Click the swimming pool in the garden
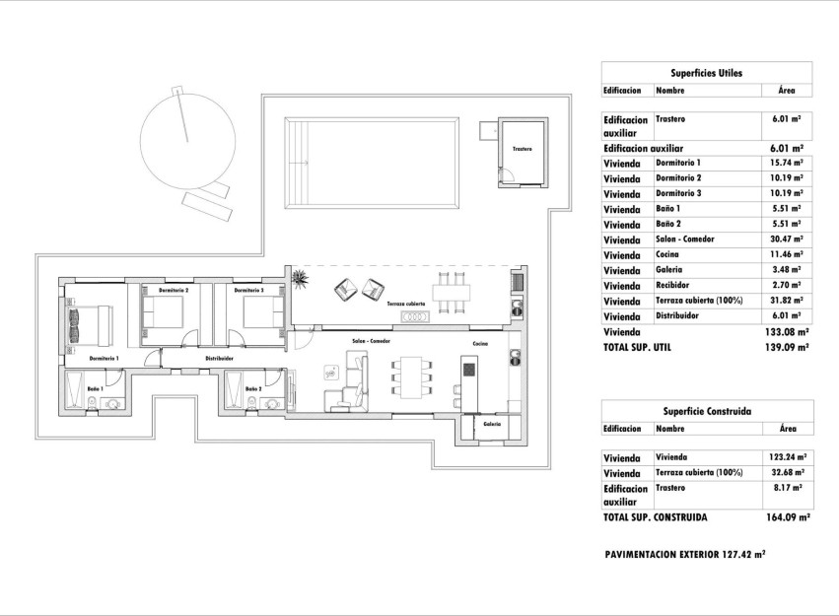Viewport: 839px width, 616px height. pos(372,163)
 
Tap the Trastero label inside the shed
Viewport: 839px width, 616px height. pos(522,149)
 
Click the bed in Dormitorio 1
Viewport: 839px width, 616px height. pos(90,321)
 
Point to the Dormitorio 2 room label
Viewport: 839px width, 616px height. pos(174,291)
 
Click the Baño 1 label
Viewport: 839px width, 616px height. pos(96,390)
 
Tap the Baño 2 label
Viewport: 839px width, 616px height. pos(253,389)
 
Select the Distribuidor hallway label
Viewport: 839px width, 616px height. pos(219,359)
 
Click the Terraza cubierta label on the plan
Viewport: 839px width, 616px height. pos(406,304)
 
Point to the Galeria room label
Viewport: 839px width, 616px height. pos(492,424)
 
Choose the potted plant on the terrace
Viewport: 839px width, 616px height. pos(296,279)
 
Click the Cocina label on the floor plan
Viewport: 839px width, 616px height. pos(479,343)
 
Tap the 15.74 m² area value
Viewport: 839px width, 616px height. pos(786,163)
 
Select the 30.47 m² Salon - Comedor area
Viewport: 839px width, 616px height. pos(786,240)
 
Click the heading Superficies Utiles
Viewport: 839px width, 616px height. pos(706,73)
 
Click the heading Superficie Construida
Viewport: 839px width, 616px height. pos(707,411)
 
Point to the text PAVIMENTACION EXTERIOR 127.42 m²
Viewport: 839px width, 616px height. pos(684,555)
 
